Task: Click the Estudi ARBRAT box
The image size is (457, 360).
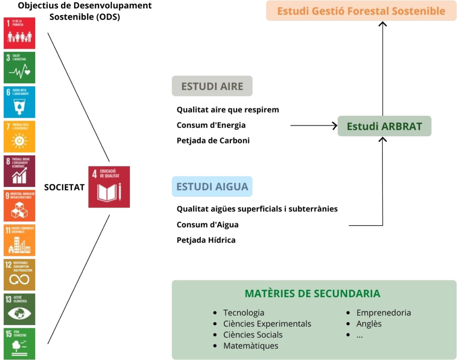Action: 384,126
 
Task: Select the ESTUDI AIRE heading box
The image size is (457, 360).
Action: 212,86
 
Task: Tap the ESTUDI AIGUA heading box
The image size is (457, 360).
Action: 212,186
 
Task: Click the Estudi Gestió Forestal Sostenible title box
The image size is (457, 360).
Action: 361,11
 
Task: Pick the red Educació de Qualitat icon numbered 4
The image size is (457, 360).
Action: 109,187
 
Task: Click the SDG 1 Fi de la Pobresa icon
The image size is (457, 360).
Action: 19,33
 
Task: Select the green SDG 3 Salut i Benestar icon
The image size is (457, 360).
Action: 19,67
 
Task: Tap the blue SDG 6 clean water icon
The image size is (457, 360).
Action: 19,102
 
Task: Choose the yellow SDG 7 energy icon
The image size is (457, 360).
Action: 19,137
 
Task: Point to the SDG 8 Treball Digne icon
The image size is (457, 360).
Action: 19,172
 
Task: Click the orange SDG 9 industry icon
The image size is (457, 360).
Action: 19,206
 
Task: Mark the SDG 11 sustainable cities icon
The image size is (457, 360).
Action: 19,240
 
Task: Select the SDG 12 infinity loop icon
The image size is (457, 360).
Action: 19,275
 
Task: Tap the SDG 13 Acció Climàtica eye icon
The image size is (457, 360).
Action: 19,309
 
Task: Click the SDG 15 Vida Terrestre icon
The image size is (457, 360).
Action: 19,343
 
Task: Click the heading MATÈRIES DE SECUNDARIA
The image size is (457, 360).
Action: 312,293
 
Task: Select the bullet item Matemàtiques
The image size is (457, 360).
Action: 250,346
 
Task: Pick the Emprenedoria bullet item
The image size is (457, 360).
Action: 383,313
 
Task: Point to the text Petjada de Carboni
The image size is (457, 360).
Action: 212,141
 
